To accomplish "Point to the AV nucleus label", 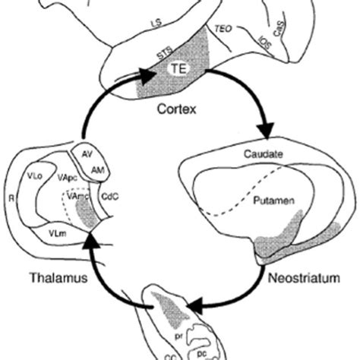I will (86, 153).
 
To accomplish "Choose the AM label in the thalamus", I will (97, 172).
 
